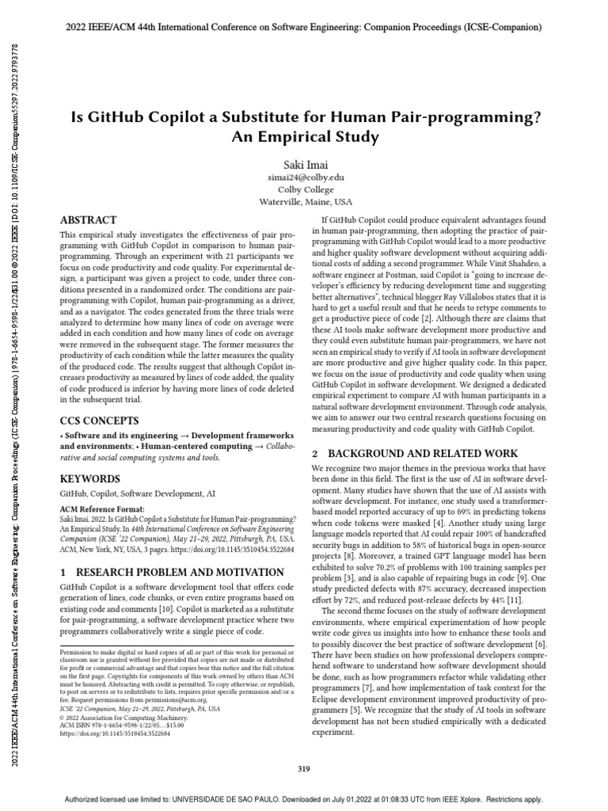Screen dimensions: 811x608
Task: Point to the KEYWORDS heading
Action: point(90,479)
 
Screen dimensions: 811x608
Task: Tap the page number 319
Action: point(304,768)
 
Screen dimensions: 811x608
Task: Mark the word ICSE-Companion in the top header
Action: point(502,27)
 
